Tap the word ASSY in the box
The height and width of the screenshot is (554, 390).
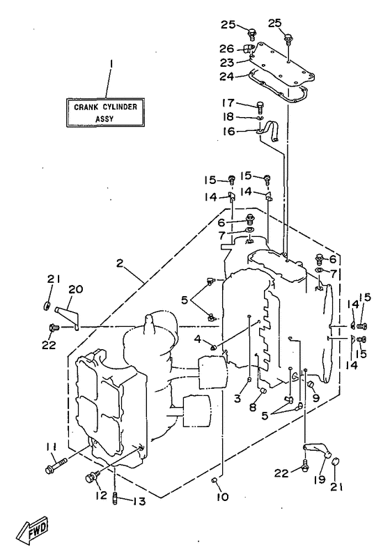point(105,118)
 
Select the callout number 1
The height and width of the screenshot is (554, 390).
point(111,64)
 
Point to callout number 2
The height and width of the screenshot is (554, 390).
point(120,263)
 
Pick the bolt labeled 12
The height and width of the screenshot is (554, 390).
point(91,477)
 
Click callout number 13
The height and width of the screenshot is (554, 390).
point(140,501)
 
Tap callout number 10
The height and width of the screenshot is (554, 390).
point(223,497)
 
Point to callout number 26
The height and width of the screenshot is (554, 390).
point(227,48)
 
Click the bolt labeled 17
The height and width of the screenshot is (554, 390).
point(260,106)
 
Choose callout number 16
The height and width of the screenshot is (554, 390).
point(228,132)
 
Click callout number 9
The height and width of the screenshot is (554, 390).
point(315,398)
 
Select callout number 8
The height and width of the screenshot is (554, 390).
point(253,407)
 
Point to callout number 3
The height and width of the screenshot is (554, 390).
point(237,398)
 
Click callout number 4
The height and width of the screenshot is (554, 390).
point(197,339)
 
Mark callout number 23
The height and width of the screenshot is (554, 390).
point(227,63)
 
